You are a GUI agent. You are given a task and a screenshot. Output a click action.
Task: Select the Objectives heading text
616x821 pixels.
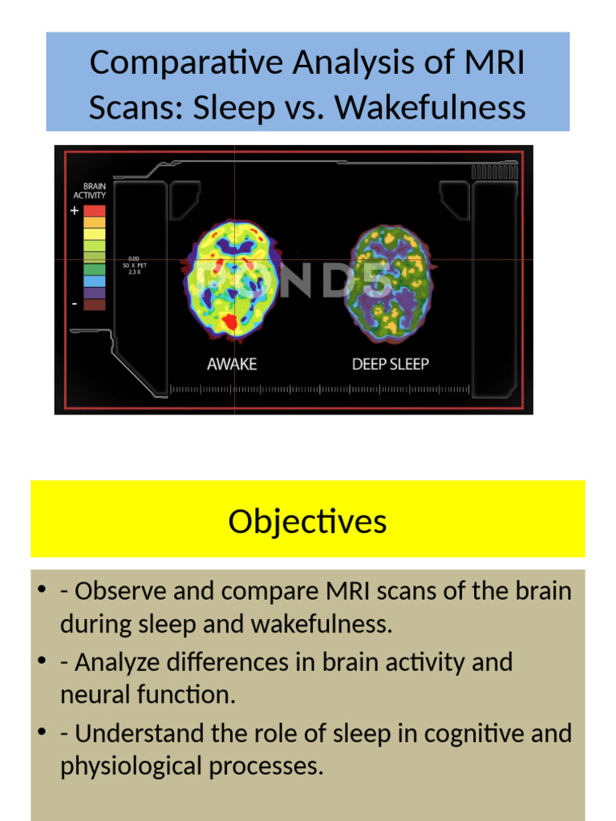307,521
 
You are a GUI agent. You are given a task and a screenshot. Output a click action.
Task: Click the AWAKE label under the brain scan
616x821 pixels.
232,364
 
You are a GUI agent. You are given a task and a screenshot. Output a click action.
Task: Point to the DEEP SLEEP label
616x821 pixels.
391,364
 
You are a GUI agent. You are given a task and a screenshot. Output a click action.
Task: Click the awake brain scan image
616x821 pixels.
231,277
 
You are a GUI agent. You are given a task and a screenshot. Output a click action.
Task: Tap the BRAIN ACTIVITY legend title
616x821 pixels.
89,189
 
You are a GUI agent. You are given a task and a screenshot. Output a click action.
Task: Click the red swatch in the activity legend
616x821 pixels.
95,211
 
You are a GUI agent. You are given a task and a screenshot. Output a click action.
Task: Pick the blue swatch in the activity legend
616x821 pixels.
95,281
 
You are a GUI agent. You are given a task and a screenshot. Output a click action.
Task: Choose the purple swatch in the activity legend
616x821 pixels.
95,293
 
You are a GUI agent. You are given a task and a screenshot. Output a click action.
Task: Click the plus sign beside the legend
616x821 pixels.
75,211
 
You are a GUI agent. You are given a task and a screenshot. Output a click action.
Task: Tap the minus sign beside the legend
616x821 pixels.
75,304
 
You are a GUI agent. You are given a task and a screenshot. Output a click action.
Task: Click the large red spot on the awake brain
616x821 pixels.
230,322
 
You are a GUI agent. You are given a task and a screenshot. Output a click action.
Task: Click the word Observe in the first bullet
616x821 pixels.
117,591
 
